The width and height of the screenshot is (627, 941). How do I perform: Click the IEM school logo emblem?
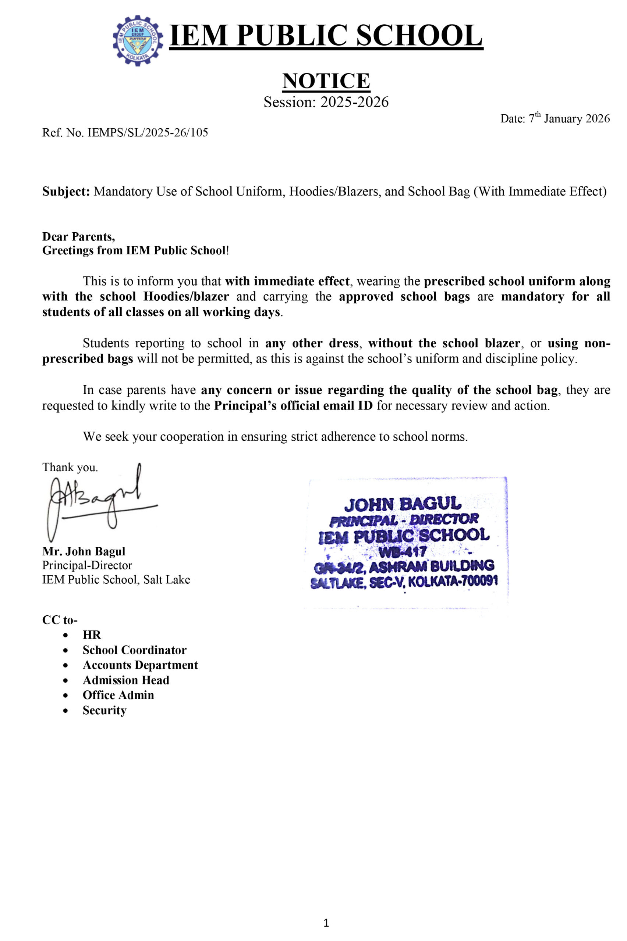[138, 40]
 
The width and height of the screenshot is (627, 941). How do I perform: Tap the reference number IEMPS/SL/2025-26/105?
[148, 133]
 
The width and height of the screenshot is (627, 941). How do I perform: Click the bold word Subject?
[66, 192]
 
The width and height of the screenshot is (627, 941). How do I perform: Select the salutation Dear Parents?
[78, 237]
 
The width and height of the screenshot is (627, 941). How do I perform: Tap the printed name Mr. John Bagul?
[84, 552]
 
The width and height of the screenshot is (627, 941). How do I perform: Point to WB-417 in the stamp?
[402, 552]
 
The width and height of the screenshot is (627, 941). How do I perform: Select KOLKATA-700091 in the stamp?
[453, 581]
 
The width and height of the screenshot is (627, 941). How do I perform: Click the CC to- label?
[60, 620]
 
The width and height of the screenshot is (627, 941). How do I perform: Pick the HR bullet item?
[92, 635]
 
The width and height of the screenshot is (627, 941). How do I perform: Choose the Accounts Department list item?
[140, 665]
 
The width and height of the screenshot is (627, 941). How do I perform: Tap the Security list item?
[104, 710]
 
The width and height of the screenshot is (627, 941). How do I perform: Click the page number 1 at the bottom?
[326, 923]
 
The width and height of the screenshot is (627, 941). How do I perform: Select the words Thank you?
[70, 467]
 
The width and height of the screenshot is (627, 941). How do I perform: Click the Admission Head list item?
[126, 680]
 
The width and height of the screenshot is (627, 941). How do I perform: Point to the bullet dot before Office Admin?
[65, 695]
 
